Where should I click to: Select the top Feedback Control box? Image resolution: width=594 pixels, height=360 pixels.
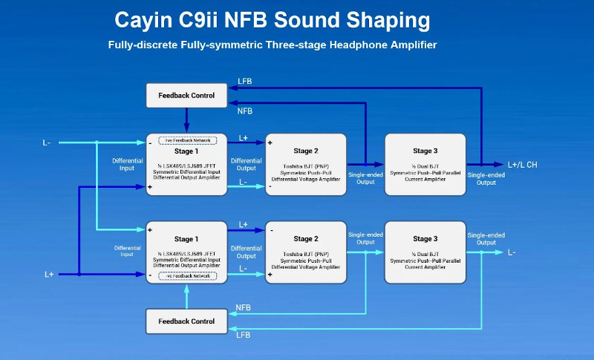click(x=186, y=95)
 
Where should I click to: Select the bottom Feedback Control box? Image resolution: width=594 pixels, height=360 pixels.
click(x=186, y=321)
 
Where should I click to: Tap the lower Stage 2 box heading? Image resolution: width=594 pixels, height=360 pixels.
click(x=306, y=239)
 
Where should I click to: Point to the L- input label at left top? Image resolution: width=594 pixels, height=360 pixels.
click(x=48, y=143)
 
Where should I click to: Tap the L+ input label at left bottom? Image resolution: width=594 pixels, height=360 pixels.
click(x=49, y=274)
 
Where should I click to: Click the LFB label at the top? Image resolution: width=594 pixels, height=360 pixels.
click(x=244, y=80)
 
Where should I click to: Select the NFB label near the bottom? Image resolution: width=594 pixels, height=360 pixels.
click(x=243, y=307)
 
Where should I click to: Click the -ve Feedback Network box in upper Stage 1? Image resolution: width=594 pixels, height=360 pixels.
click(x=186, y=140)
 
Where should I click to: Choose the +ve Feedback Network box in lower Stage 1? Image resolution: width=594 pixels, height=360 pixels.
click(x=186, y=275)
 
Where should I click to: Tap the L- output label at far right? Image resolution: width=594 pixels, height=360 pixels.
click(x=512, y=252)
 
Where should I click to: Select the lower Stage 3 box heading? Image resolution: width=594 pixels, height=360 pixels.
click(x=425, y=239)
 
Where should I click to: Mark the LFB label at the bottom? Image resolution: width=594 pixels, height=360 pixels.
click(x=243, y=336)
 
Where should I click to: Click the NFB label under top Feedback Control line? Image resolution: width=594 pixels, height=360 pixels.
click(x=244, y=111)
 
